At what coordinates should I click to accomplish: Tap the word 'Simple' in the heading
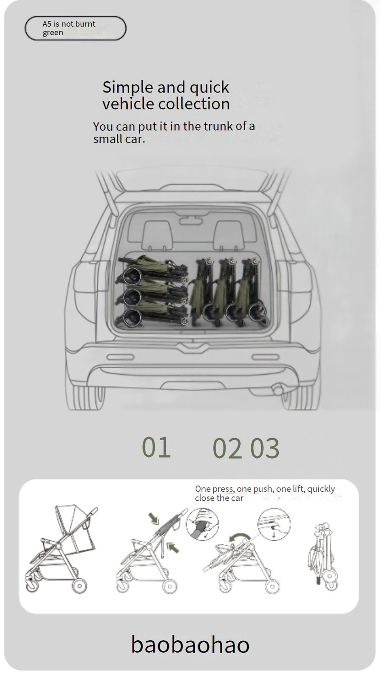point(128,88)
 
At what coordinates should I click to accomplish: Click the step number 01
point(156,447)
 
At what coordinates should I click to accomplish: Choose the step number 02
point(228,449)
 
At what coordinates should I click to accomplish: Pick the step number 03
point(265,449)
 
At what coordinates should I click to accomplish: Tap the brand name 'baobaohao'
point(190,644)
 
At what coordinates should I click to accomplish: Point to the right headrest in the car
point(229,234)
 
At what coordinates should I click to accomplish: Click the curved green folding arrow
point(239,537)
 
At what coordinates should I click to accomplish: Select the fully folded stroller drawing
point(323,557)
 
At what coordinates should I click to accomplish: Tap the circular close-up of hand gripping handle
point(202,524)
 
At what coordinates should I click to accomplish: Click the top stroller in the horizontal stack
point(152,270)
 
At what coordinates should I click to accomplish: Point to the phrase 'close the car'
point(219,498)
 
